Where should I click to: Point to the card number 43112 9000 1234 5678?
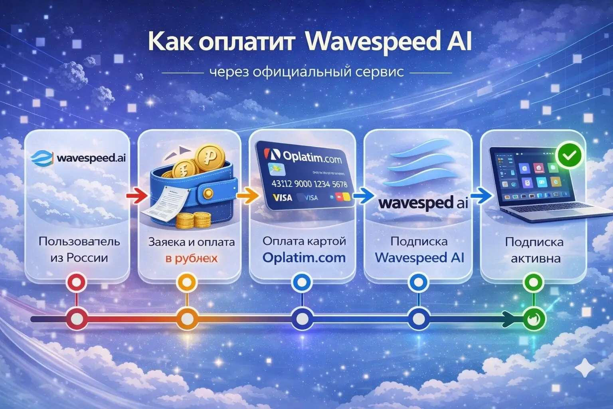click(x=309, y=184)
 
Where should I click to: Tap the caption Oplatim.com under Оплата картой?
click(x=304, y=258)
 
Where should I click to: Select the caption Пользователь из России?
click(x=79, y=250)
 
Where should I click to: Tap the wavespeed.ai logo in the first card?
click(x=79, y=158)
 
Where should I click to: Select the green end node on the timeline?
click(x=533, y=319)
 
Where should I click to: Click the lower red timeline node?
click(x=78, y=319)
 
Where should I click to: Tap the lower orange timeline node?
click(x=187, y=319)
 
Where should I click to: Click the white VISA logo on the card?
click(x=283, y=197)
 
